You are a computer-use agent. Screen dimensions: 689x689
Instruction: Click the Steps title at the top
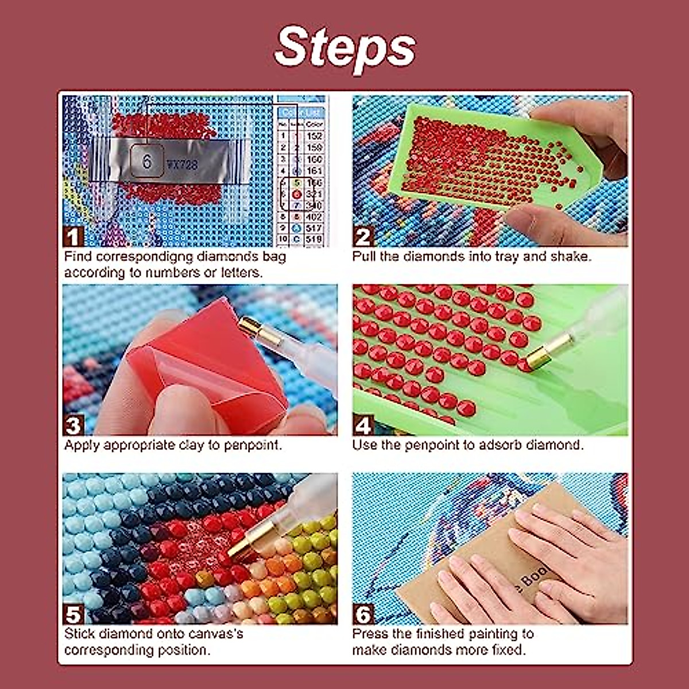tap(345, 47)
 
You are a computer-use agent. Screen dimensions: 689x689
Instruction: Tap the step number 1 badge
tap(73, 236)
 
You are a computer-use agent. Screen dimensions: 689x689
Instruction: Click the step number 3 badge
tap(73, 425)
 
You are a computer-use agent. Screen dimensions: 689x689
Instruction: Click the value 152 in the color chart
tap(314, 136)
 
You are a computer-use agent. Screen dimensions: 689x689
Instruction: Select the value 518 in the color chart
tap(314, 239)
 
